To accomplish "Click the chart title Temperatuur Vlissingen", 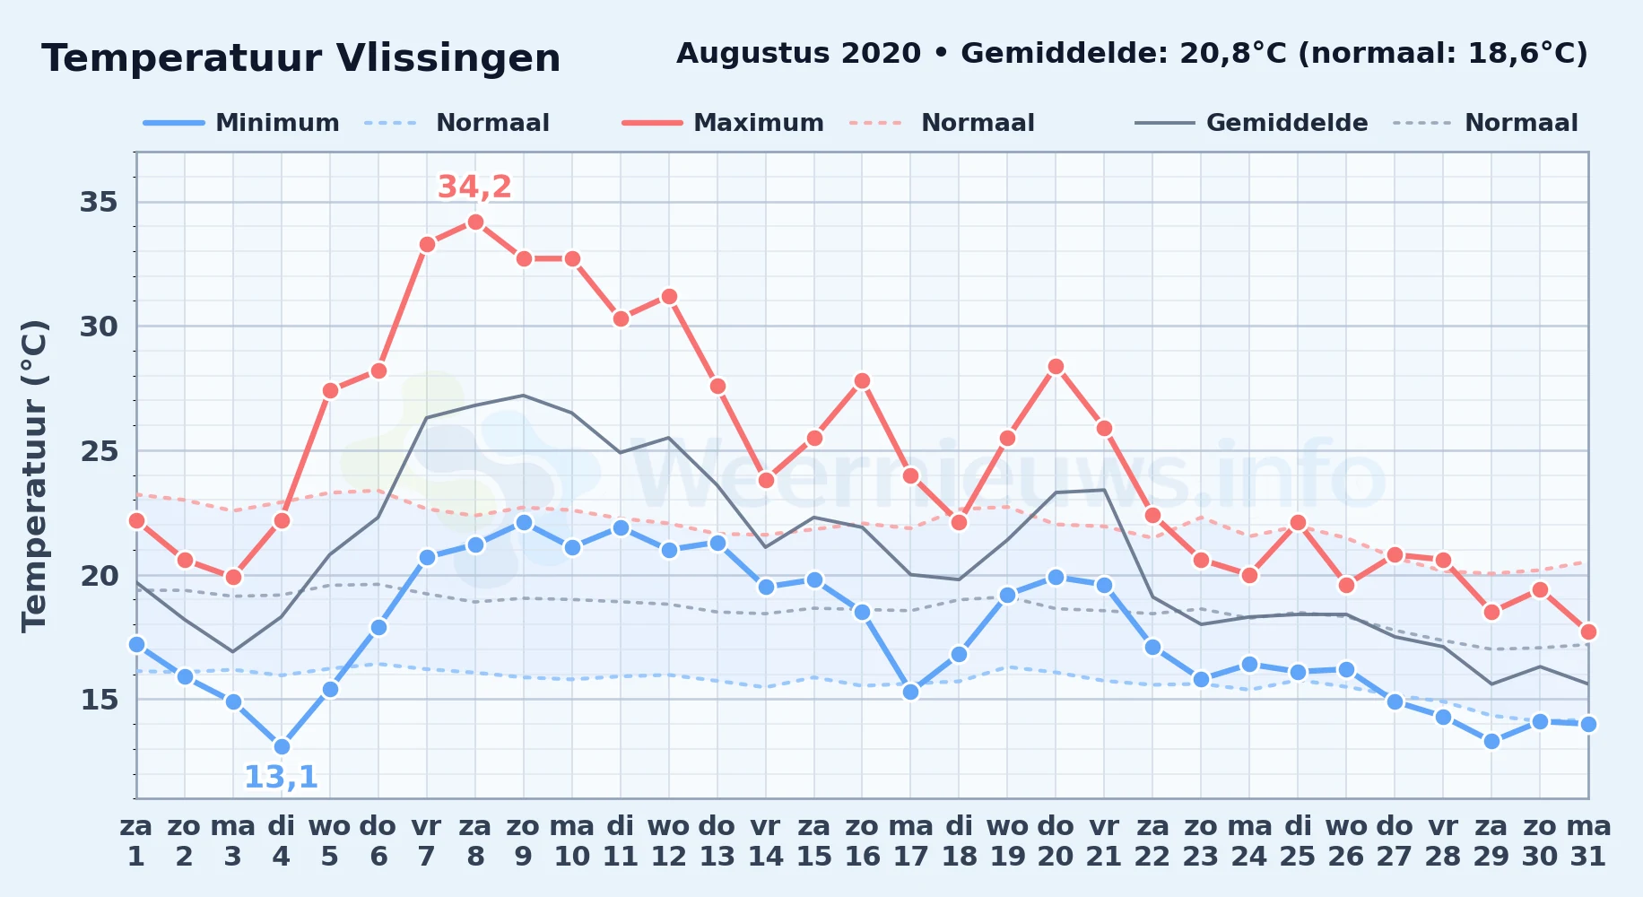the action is (x=301, y=58).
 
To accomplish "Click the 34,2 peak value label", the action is (x=474, y=187).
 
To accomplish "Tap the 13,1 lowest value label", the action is (x=281, y=777).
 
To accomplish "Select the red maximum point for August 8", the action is (x=475, y=222).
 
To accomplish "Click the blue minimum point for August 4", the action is (x=282, y=746).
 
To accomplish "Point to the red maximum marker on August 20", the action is (x=1056, y=366).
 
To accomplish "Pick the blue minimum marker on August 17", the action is (x=910, y=692).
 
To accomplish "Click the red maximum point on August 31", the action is (x=1588, y=631).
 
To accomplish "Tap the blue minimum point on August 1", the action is (x=136, y=644).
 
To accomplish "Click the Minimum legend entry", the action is (x=241, y=123).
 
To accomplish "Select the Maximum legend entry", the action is (x=723, y=123).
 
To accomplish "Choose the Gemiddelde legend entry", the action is (x=1252, y=123).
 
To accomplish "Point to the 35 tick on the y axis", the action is (x=99, y=202).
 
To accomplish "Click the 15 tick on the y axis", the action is (x=99, y=700).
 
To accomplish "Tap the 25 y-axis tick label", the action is (x=99, y=451).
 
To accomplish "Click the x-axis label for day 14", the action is (x=766, y=841).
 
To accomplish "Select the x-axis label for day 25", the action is (x=1298, y=841).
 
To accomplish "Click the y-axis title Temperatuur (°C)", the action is (x=34, y=475).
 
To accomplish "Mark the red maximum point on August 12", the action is (x=669, y=296).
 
